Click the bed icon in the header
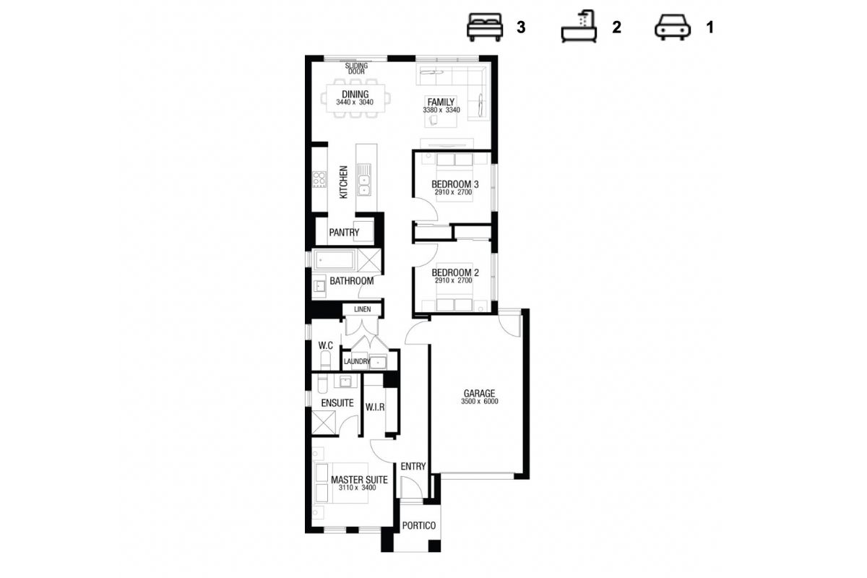point(485,27)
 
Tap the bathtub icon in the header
point(579,26)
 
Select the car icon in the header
point(673,27)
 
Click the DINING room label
point(355,94)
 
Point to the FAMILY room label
point(441,102)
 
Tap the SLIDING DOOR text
point(356,69)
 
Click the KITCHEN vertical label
point(343,182)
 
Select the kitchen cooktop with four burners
point(319,180)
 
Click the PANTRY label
point(344,233)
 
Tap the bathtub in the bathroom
point(335,260)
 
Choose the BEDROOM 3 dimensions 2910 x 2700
point(453,192)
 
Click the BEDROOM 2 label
point(455,272)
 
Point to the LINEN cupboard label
point(362,309)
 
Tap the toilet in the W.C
point(326,360)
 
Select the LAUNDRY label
point(357,361)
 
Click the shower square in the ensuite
point(324,423)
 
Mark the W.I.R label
point(375,407)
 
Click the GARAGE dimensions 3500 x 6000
point(479,402)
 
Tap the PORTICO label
point(419,525)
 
